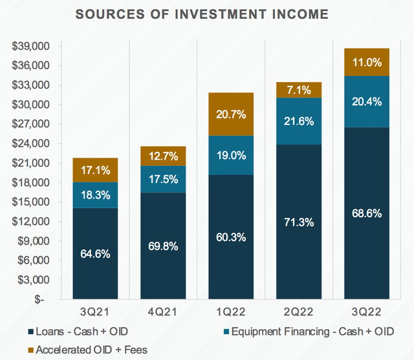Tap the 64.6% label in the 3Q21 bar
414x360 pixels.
point(94,253)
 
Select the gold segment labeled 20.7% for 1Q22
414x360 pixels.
point(231,114)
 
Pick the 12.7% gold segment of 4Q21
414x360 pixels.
point(162,156)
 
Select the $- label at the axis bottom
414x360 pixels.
point(40,299)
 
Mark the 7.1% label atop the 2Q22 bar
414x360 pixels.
point(300,89)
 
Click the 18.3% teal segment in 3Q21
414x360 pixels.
point(94,195)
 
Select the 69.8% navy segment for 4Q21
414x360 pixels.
point(162,246)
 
